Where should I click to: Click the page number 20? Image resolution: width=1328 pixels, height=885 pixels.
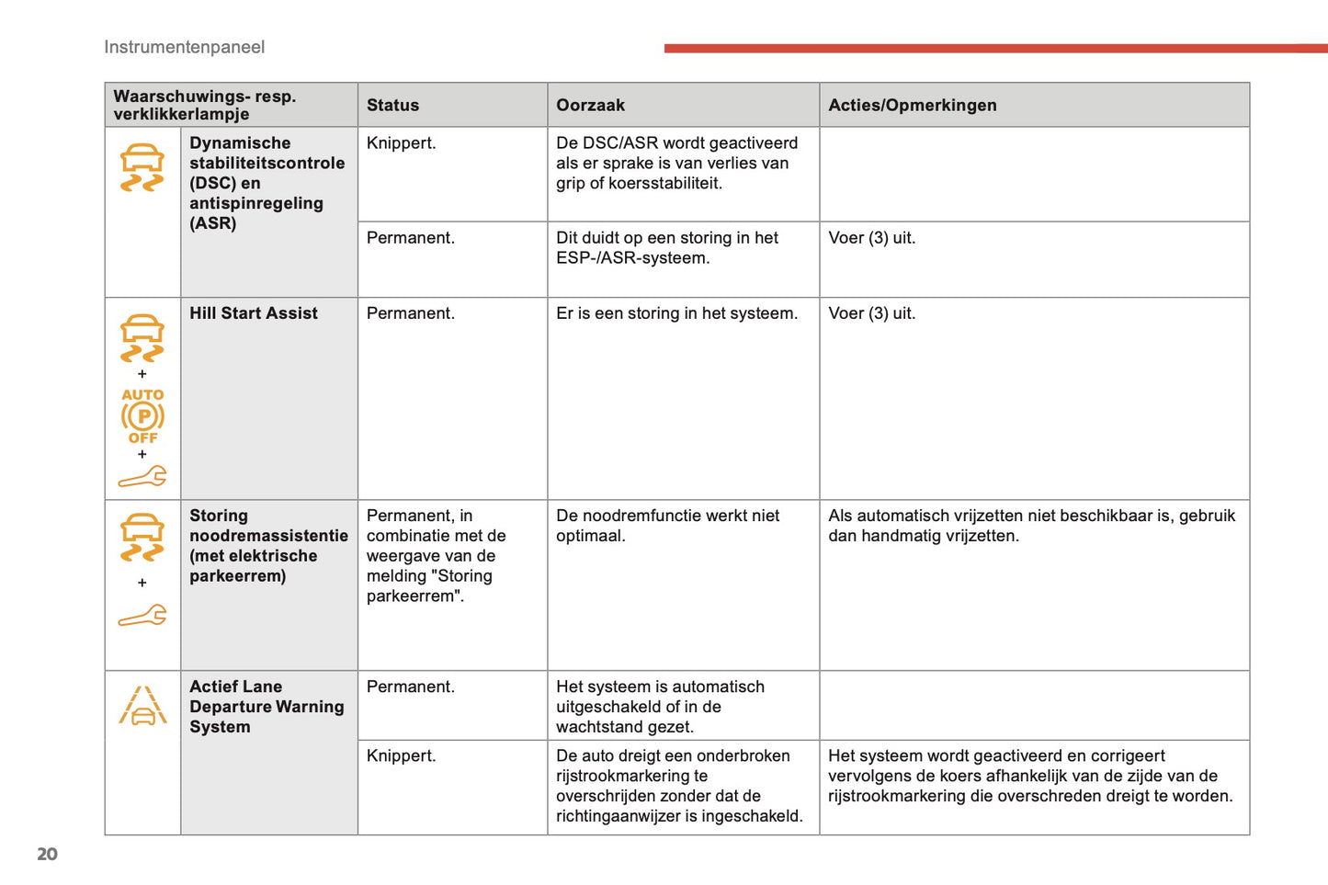point(47,854)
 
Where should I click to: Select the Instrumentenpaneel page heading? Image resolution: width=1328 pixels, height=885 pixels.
point(184,47)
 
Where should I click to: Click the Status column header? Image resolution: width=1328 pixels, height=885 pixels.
point(392,105)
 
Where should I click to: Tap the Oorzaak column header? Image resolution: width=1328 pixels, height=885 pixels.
point(590,105)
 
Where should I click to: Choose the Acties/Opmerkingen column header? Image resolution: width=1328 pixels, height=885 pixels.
point(912,105)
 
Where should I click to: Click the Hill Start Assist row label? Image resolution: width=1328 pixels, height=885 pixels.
point(254,313)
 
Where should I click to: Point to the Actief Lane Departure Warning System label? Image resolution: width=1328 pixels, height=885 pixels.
point(267,707)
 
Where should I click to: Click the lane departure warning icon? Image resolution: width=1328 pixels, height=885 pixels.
point(142,706)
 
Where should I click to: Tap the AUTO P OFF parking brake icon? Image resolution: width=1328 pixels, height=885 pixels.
point(142,416)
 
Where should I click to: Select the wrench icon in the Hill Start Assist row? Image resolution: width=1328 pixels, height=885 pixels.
point(142,476)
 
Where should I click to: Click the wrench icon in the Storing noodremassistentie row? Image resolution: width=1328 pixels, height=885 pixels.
point(142,615)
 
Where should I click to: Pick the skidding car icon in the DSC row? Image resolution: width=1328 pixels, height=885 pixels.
point(142,167)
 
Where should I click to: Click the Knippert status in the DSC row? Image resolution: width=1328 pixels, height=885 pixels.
point(401,143)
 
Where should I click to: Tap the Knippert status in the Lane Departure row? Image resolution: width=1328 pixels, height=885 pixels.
point(401,756)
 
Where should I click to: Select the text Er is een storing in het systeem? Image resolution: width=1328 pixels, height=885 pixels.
point(676,313)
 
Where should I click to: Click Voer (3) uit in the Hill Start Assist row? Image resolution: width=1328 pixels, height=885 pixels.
point(871,313)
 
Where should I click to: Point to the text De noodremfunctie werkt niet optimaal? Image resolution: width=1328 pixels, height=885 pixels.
point(667,526)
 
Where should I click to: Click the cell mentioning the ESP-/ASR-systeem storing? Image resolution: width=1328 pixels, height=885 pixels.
point(666,248)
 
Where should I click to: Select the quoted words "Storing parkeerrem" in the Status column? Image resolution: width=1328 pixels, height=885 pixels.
point(429,586)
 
